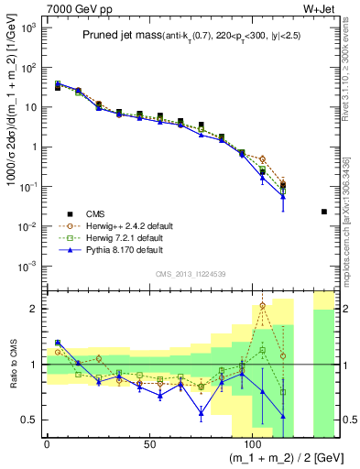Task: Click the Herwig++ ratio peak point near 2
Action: (263, 306)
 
